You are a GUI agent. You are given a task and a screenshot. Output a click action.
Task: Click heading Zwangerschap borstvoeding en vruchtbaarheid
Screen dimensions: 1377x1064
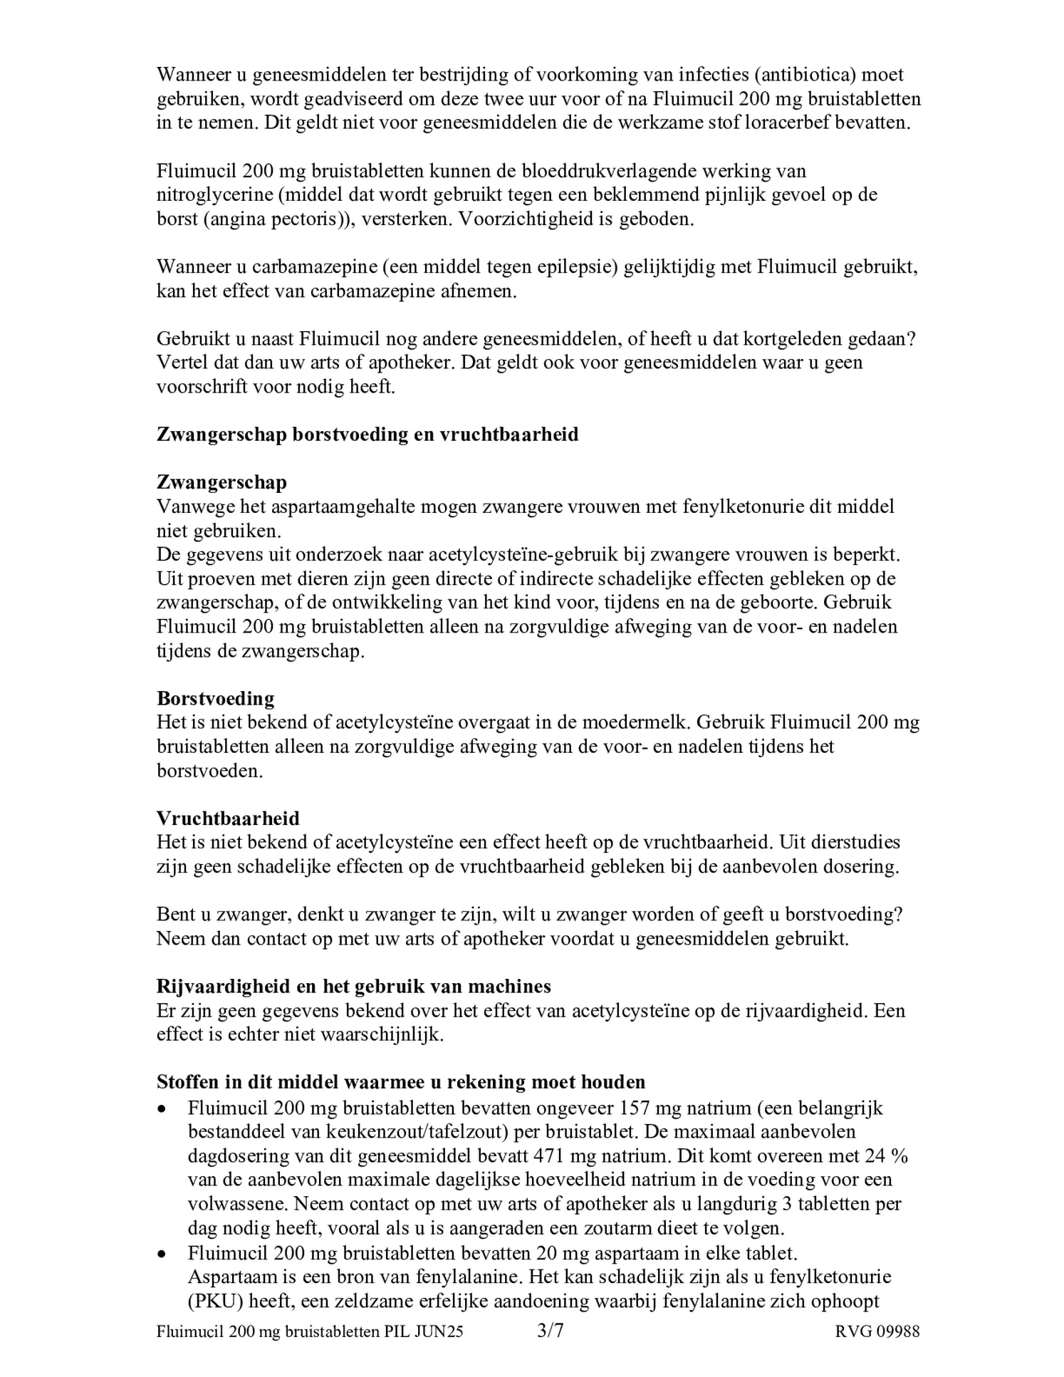[367, 435]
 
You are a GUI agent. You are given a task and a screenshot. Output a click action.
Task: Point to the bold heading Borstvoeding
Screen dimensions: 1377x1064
[216, 698]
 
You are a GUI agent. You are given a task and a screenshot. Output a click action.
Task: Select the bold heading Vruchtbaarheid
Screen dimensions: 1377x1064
[228, 818]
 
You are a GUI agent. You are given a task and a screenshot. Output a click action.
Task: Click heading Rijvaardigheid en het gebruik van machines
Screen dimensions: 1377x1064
[354, 986]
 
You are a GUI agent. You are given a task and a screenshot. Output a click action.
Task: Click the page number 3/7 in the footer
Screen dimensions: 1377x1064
[550, 1331]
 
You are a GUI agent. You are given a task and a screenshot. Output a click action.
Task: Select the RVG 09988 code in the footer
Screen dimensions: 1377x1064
[877, 1331]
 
